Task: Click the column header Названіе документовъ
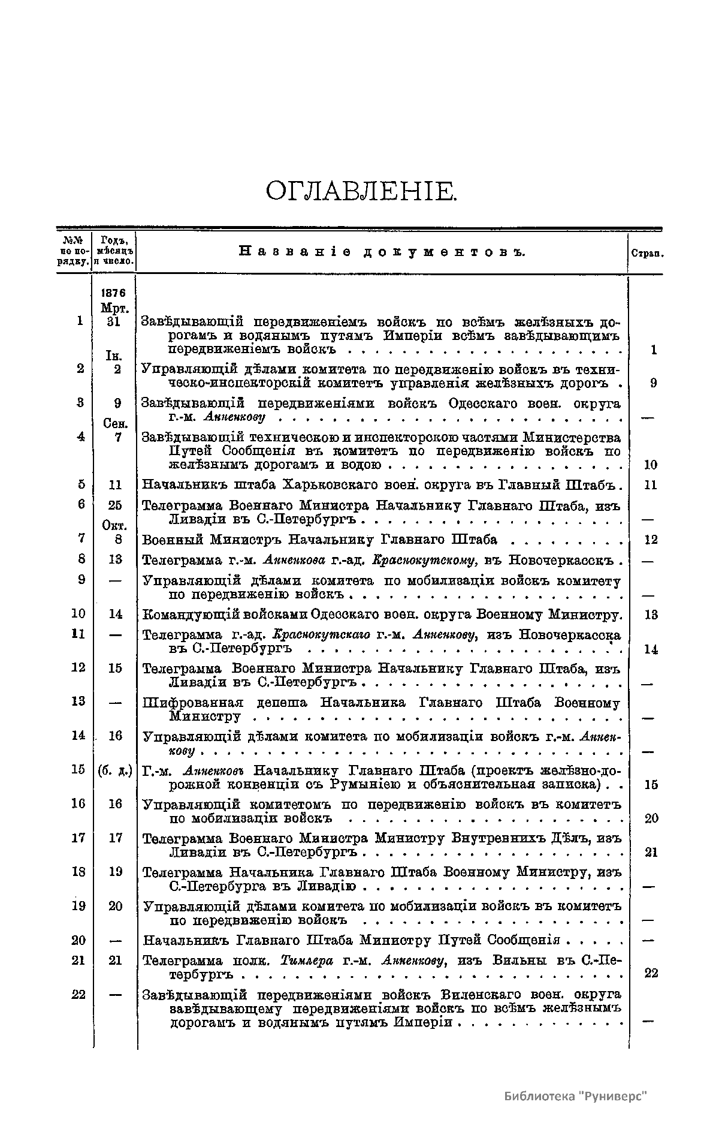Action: point(382,252)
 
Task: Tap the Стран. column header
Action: point(647,254)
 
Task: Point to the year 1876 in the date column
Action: point(114,293)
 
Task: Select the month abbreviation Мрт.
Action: point(114,308)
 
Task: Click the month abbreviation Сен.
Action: point(114,424)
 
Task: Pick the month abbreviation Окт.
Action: point(114,526)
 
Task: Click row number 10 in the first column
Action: point(78,614)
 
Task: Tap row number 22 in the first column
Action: point(78,995)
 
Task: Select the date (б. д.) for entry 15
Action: point(114,770)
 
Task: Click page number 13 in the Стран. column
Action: point(651,615)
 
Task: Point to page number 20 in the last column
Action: point(651,819)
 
